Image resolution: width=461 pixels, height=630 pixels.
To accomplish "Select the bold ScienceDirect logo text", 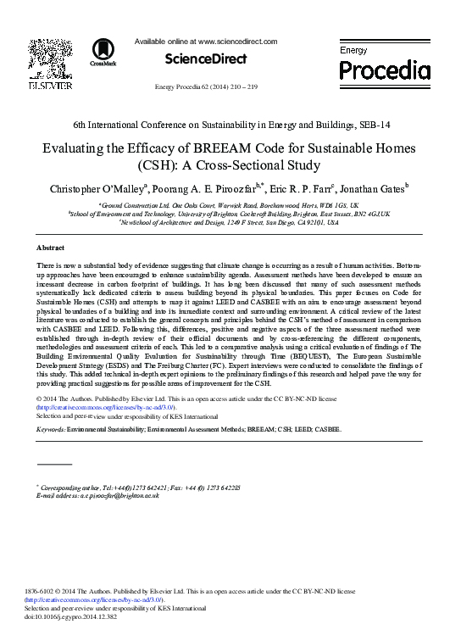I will pos(206,59).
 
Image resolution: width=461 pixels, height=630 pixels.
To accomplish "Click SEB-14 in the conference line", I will pos(374,125).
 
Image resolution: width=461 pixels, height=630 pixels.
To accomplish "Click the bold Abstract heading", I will pos(51,248).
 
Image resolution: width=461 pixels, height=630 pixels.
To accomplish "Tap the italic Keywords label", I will pos(51,430).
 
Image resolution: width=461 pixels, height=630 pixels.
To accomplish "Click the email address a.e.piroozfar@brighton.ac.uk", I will pos(111,495).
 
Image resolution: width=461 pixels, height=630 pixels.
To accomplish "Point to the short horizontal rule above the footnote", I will pos(54,464).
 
